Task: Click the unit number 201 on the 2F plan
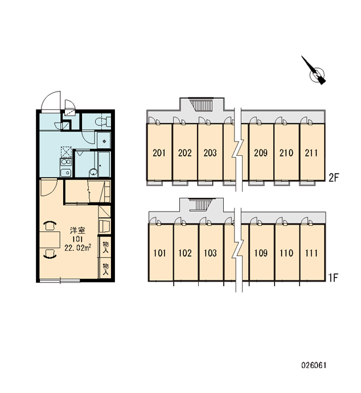point(159,153)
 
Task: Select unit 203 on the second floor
point(210,153)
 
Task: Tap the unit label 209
point(261,153)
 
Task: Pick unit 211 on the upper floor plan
point(311,153)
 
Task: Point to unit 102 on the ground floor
point(185,253)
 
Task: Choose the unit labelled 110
point(286,253)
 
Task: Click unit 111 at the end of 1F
point(312,253)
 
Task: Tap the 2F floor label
point(334,178)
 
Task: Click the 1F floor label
point(334,278)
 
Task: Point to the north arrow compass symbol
point(314,71)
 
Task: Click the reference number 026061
point(314,365)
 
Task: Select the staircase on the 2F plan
point(202,105)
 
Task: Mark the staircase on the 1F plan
point(201,205)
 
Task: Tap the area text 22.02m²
point(77,248)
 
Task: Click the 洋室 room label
point(77,231)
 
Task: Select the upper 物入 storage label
point(106,247)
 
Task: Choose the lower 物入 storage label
point(106,269)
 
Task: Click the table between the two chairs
point(50,240)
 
